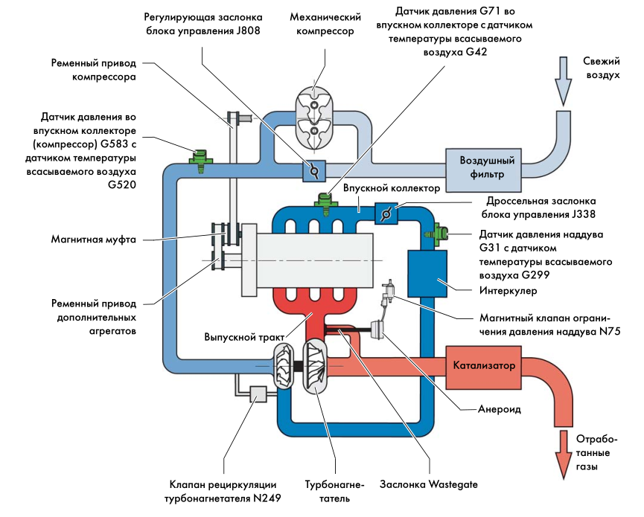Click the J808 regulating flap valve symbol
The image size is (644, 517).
click(313, 170)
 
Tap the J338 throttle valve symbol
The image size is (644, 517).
click(386, 213)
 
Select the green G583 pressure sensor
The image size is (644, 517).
click(199, 158)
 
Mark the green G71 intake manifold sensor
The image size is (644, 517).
click(325, 202)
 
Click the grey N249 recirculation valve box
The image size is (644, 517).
click(258, 394)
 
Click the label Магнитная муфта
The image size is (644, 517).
click(92, 240)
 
